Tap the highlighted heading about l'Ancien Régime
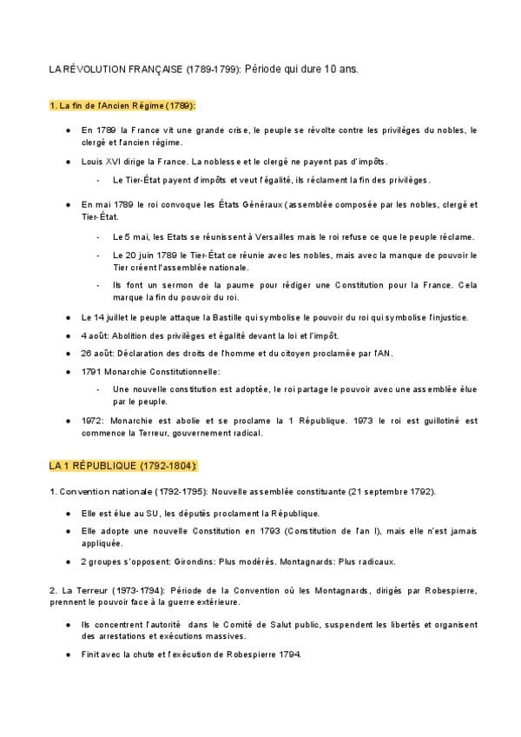click(122, 105)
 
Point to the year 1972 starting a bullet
click(92, 421)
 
